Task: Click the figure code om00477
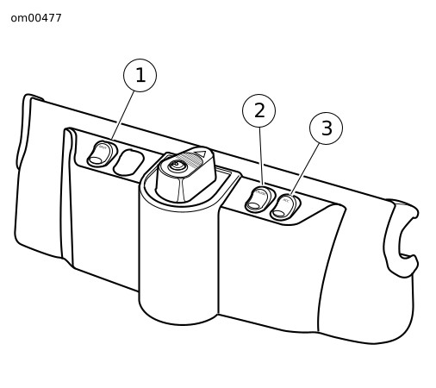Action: pos(36,18)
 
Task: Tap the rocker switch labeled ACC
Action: pos(284,207)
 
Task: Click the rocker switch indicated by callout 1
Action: pos(103,153)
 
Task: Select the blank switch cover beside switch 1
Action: pos(128,162)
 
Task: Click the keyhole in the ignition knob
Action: pos(175,166)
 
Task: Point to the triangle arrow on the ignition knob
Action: pos(202,153)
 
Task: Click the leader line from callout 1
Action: pos(123,116)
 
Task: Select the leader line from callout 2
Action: pos(261,156)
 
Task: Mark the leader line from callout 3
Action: pos(305,170)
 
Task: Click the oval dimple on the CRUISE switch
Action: pos(253,206)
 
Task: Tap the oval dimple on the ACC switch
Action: pos(278,213)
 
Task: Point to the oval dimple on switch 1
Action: pos(96,160)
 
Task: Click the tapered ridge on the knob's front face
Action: pos(180,189)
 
